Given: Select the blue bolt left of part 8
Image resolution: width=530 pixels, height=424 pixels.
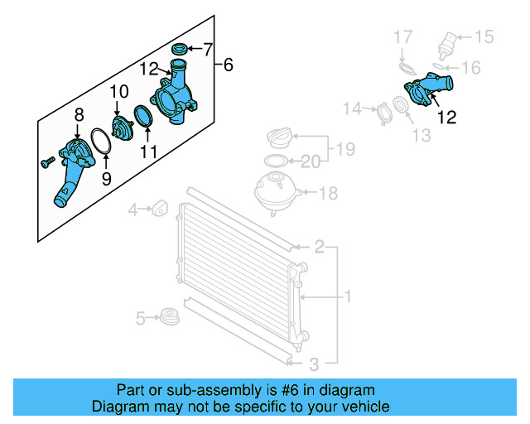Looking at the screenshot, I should (46, 162).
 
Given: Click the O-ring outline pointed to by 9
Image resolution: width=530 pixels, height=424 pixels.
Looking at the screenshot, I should (100, 142).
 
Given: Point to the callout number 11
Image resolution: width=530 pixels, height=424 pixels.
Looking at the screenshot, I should (149, 152).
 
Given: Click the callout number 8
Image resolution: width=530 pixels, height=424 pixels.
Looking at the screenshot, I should (79, 114).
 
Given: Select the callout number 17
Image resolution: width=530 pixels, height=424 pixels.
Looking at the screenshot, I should (402, 37).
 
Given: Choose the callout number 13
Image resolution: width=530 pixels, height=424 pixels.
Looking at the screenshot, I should (423, 135).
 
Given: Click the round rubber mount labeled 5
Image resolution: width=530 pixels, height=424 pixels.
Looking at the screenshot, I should (170, 316).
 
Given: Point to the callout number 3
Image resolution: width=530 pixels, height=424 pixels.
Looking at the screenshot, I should (314, 364).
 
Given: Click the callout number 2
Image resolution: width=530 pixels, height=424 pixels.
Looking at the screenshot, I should (319, 247).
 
